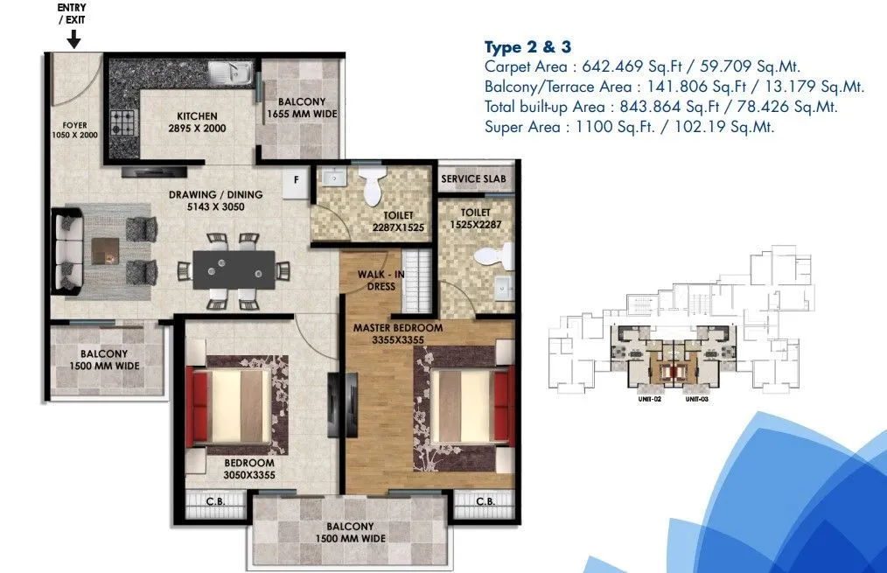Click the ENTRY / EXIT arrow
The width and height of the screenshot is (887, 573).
coord(73,38)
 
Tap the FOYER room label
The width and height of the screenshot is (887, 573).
coord(74,130)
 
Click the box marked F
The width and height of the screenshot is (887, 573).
coord(297,179)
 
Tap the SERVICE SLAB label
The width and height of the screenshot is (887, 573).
coord(472,178)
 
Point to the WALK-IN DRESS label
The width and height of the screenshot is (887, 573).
coord(381,280)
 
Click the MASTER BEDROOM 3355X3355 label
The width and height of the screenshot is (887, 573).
coord(398,334)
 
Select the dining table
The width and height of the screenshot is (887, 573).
coord(234,269)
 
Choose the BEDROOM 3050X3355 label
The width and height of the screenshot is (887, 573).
coord(249,469)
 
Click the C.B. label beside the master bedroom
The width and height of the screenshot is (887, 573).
coord(486,502)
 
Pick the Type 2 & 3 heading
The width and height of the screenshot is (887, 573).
coord(527,47)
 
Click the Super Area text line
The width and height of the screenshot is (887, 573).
coord(629,127)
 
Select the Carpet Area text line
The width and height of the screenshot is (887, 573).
coord(642,66)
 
